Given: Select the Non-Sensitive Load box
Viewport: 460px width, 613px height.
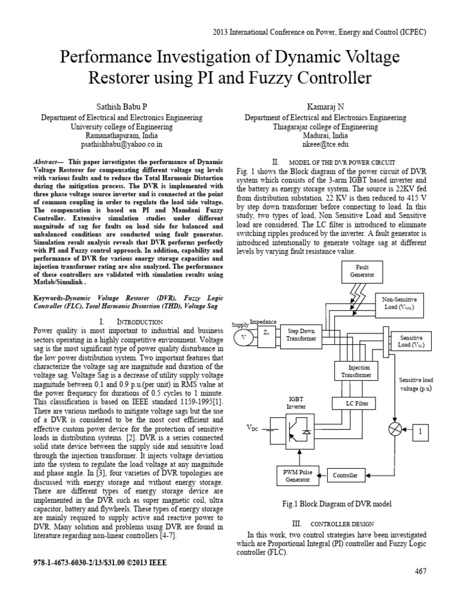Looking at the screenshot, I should tap(403, 305).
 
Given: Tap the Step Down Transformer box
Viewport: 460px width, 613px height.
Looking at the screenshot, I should tap(301, 334).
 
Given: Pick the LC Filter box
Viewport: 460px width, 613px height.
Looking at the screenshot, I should tap(358, 403).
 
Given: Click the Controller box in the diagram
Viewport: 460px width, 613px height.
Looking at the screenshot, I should tap(346, 475).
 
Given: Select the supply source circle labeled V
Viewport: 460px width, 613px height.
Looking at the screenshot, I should tap(243, 337).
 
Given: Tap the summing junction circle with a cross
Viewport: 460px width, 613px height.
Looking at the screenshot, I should tap(395, 430).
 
